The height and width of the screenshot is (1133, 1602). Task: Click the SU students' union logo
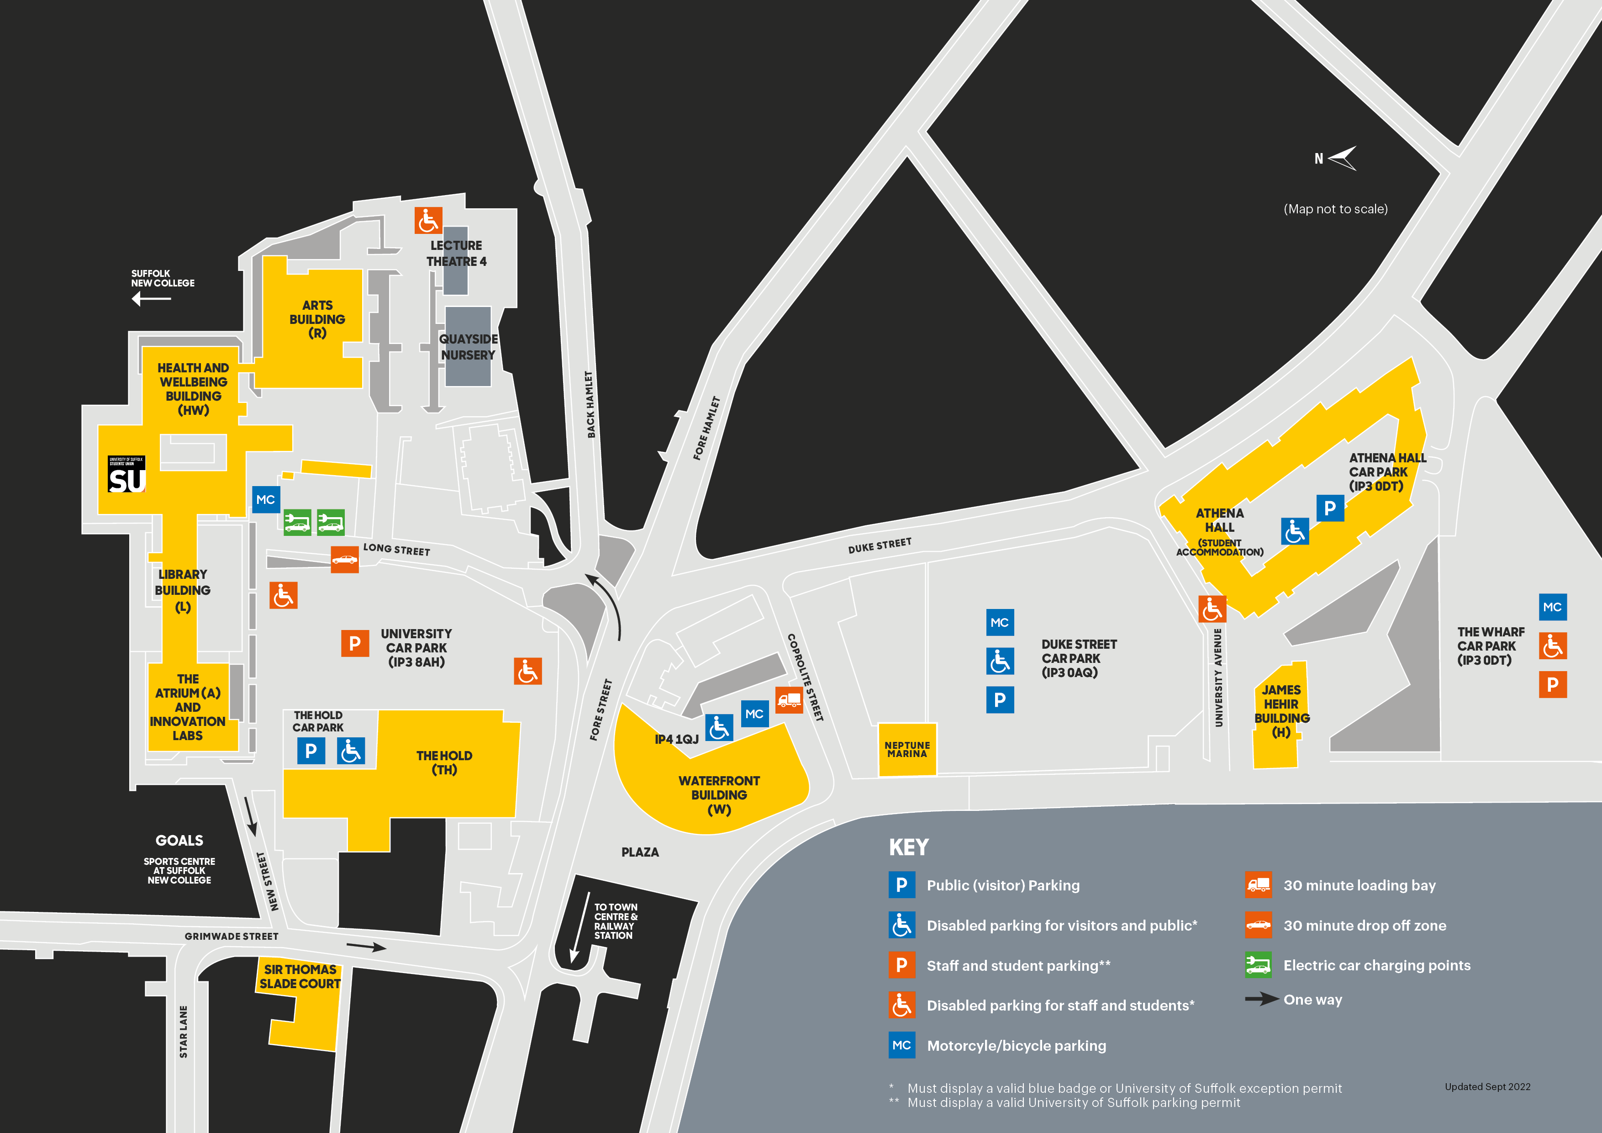click(126, 475)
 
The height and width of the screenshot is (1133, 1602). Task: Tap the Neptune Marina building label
click(906, 750)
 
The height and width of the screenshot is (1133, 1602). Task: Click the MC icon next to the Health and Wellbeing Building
click(266, 500)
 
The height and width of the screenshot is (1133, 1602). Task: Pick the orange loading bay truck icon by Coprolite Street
click(789, 699)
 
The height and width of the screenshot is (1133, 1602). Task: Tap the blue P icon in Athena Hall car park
click(1330, 508)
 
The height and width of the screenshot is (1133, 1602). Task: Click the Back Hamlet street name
click(590, 404)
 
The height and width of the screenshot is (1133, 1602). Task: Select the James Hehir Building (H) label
click(1282, 711)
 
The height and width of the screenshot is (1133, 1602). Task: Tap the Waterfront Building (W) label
click(719, 795)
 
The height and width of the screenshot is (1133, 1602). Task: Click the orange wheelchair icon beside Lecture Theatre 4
click(428, 221)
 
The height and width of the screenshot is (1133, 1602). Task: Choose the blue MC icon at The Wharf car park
click(1553, 607)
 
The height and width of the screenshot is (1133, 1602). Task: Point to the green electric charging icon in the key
click(1258, 965)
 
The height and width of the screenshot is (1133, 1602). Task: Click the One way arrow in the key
click(1261, 1000)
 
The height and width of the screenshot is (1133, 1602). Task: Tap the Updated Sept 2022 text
click(1487, 1087)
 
